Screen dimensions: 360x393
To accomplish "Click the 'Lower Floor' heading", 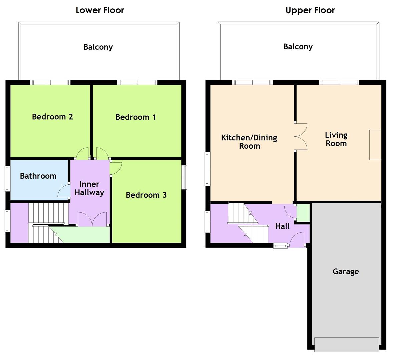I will pyautogui.click(x=100, y=10).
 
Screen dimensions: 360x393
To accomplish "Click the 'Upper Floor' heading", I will pyautogui.click(x=310, y=10).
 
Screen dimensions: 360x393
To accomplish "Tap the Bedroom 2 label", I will pyautogui.click(x=52, y=117).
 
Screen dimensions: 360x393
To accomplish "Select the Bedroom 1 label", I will pyautogui.click(x=135, y=117).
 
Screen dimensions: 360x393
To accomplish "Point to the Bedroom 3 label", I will pyautogui.click(x=146, y=195).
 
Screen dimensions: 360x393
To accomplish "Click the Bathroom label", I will pyautogui.click(x=38, y=176).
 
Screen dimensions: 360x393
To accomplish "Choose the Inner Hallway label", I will pyautogui.click(x=89, y=188).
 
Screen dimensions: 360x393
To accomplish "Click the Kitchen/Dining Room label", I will pyautogui.click(x=249, y=142).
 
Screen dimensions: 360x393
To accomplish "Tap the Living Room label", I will pyautogui.click(x=336, y=139).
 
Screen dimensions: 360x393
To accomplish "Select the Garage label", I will pyautogui.click(x=346, y=271).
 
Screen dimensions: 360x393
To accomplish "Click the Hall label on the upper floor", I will pyautogui.click(x=282, y=226).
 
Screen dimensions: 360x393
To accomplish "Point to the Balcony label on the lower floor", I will pyautogui.click(x=98, y=47).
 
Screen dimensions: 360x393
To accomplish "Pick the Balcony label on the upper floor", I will pyautogui.click(x=298, y=47).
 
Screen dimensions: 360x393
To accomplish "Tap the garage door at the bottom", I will pyautogui.click(x=346, y=344).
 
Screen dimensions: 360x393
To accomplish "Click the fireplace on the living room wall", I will pyautogui.click(x=375, y=145).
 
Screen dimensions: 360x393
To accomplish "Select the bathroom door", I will pyautogui.click(x=63, y=191).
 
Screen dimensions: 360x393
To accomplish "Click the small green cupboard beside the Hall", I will pyautogui.click(x=303, y=213).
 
